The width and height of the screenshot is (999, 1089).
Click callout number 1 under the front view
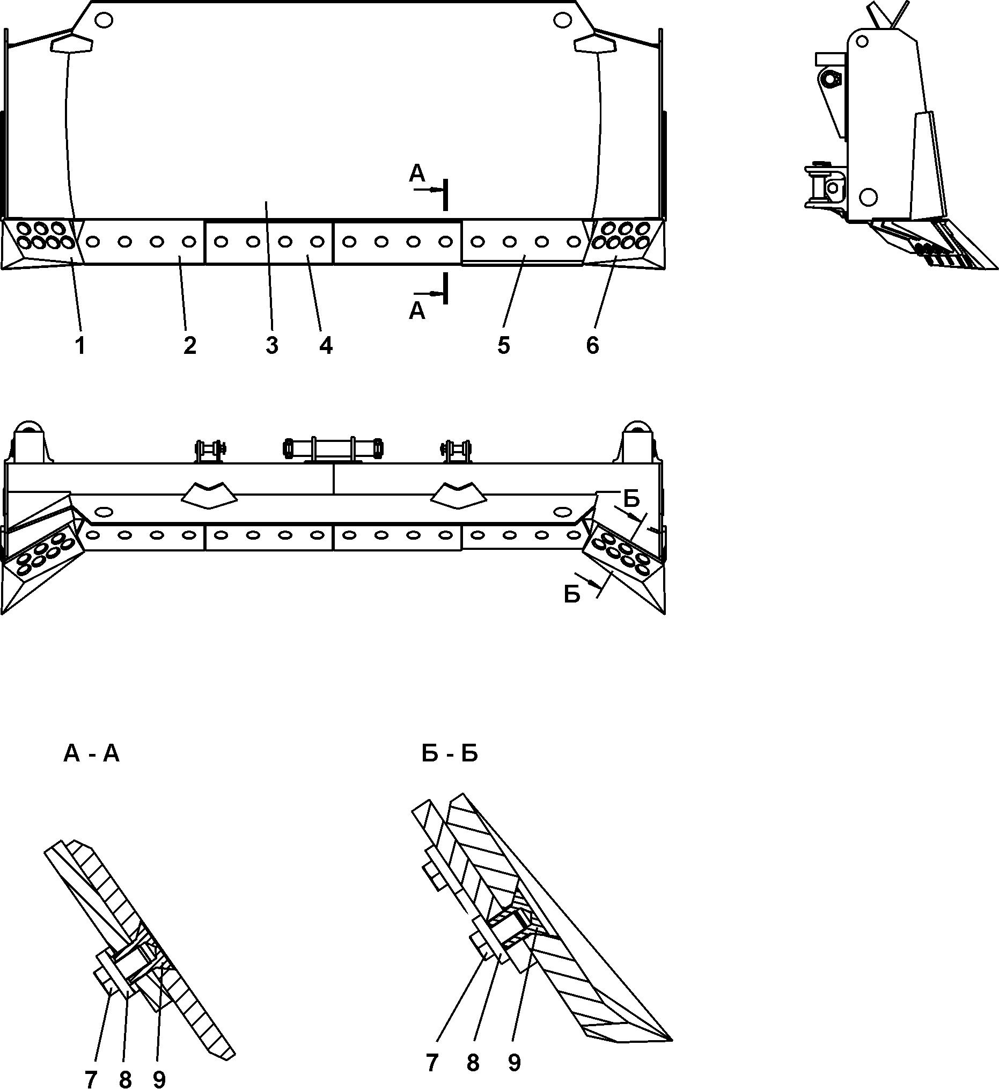click(x=80, y=345)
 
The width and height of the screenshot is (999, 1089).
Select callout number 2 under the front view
click(x=189, y=345)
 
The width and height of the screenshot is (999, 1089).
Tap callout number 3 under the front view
click(x=271, y=345)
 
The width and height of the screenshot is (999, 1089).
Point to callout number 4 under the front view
click(x=326, y=345)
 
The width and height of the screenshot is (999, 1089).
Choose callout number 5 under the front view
click(x=503, y=345)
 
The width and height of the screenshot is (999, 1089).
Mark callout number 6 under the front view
click(x=592, y=345)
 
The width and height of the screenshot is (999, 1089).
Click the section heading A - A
click(x=91, y=753)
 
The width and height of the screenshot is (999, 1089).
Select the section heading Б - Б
click(x=450, y=753)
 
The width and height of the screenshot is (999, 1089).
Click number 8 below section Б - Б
click(x=473, y=1064)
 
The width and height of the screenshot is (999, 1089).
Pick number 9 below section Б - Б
click(x=514, y=1064)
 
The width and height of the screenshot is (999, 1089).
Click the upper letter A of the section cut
click(x=417, y=173)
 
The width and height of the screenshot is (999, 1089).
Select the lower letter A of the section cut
click(x=417, y=311)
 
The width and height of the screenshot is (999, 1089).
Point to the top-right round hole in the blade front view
click(x=562, y=20)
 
